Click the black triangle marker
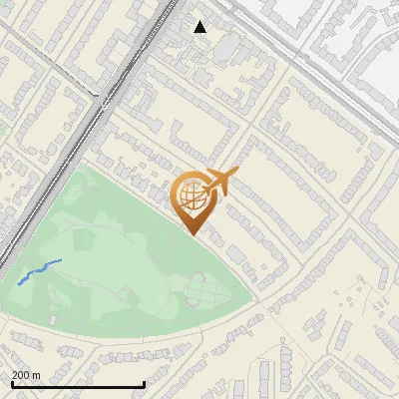tap(200, 27)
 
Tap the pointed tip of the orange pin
tap(192, 233)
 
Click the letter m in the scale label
tap(37, 375)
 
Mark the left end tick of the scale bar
tap(11, 384)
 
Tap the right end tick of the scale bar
tap(145, 384)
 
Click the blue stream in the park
tap(40, 270)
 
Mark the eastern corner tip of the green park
tap(258, 299)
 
